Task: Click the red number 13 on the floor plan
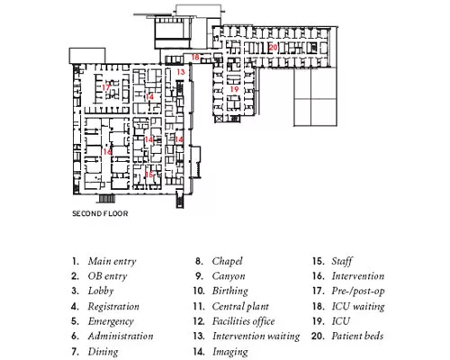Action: pos(181,72)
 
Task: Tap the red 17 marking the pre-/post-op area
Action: pos(106,87)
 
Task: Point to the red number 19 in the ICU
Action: pos(234,89)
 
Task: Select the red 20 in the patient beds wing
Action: pos(274,48)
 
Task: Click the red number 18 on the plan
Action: pos(195,57)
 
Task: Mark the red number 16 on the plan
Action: pos(107,152)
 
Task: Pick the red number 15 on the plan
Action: pos(149,175)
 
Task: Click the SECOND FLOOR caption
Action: pos(100,213)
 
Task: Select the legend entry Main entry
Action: pos(112,261)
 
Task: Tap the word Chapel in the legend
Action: pos(227,261)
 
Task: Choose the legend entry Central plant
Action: pos(240,306)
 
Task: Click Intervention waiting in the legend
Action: pos(256,337)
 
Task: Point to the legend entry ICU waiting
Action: pos(358,306)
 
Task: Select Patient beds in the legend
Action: pos(357,336)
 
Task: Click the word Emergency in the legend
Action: pos(111,321)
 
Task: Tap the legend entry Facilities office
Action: pos(243,321)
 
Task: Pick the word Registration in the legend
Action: pos(113,307)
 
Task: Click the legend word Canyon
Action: pos(229,276)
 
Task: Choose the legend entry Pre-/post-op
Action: pos(358,291)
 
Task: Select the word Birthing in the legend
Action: pos(230,291)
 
